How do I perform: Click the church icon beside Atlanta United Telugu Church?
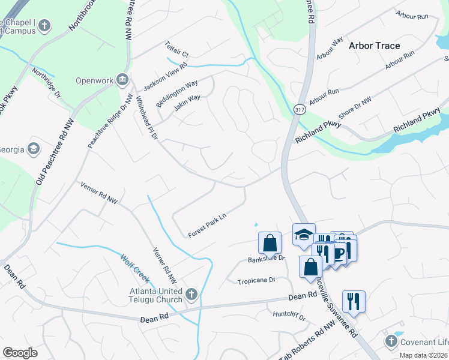pos(191,293)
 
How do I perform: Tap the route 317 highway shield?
pos(300,109)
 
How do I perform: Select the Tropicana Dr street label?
pos(256,280)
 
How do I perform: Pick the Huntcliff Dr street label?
pos(289,314)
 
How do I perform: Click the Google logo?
pos(20,352)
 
